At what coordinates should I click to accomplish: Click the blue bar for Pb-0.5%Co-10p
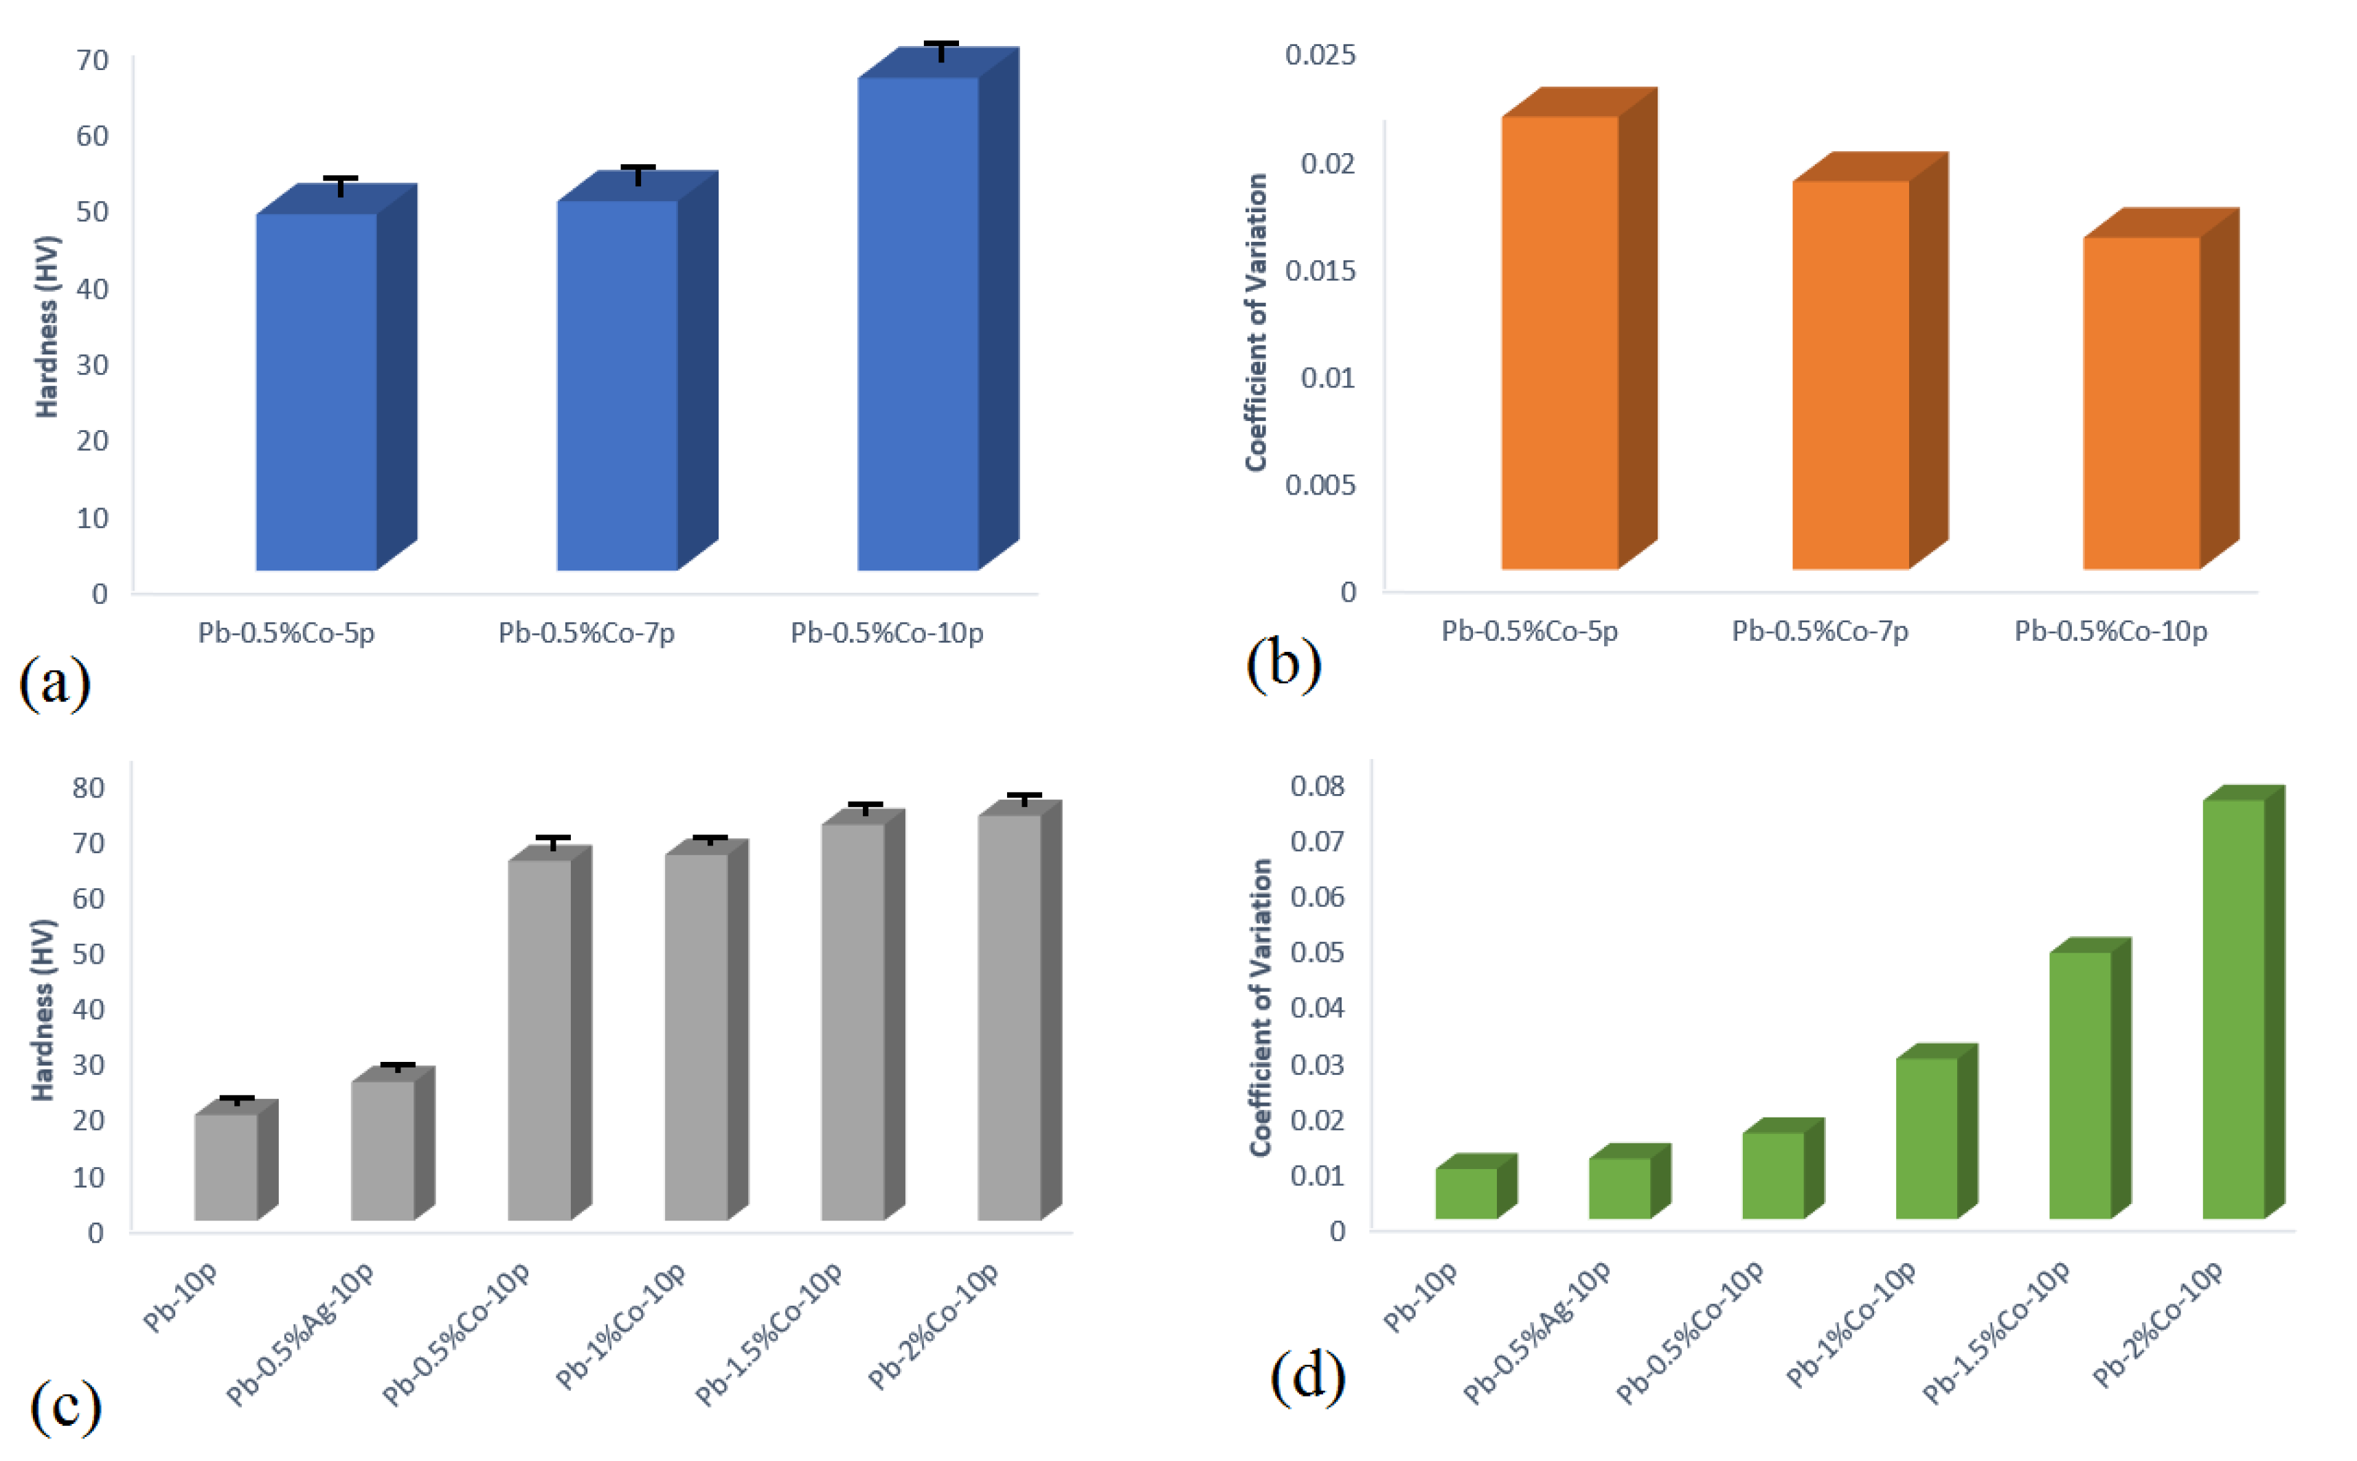tap(918, 324)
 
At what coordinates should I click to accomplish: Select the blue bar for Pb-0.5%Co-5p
tap(316, 392)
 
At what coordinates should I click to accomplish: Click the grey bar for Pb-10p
tap(225, 1166)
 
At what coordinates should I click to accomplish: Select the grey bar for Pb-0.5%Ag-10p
tap(383, 1150)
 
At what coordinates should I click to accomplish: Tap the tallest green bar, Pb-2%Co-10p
tap(2233, 1009)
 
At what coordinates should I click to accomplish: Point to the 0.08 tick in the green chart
tap(1316, 786)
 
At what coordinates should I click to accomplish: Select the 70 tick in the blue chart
tap(92, 60)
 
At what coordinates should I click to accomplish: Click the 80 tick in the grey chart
tap(88, 787)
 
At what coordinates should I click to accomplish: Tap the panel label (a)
tap(55, 681)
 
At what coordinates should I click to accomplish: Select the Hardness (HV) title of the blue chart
tap(45, 326)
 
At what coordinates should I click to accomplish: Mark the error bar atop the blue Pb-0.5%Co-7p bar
tap(638, 174)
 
